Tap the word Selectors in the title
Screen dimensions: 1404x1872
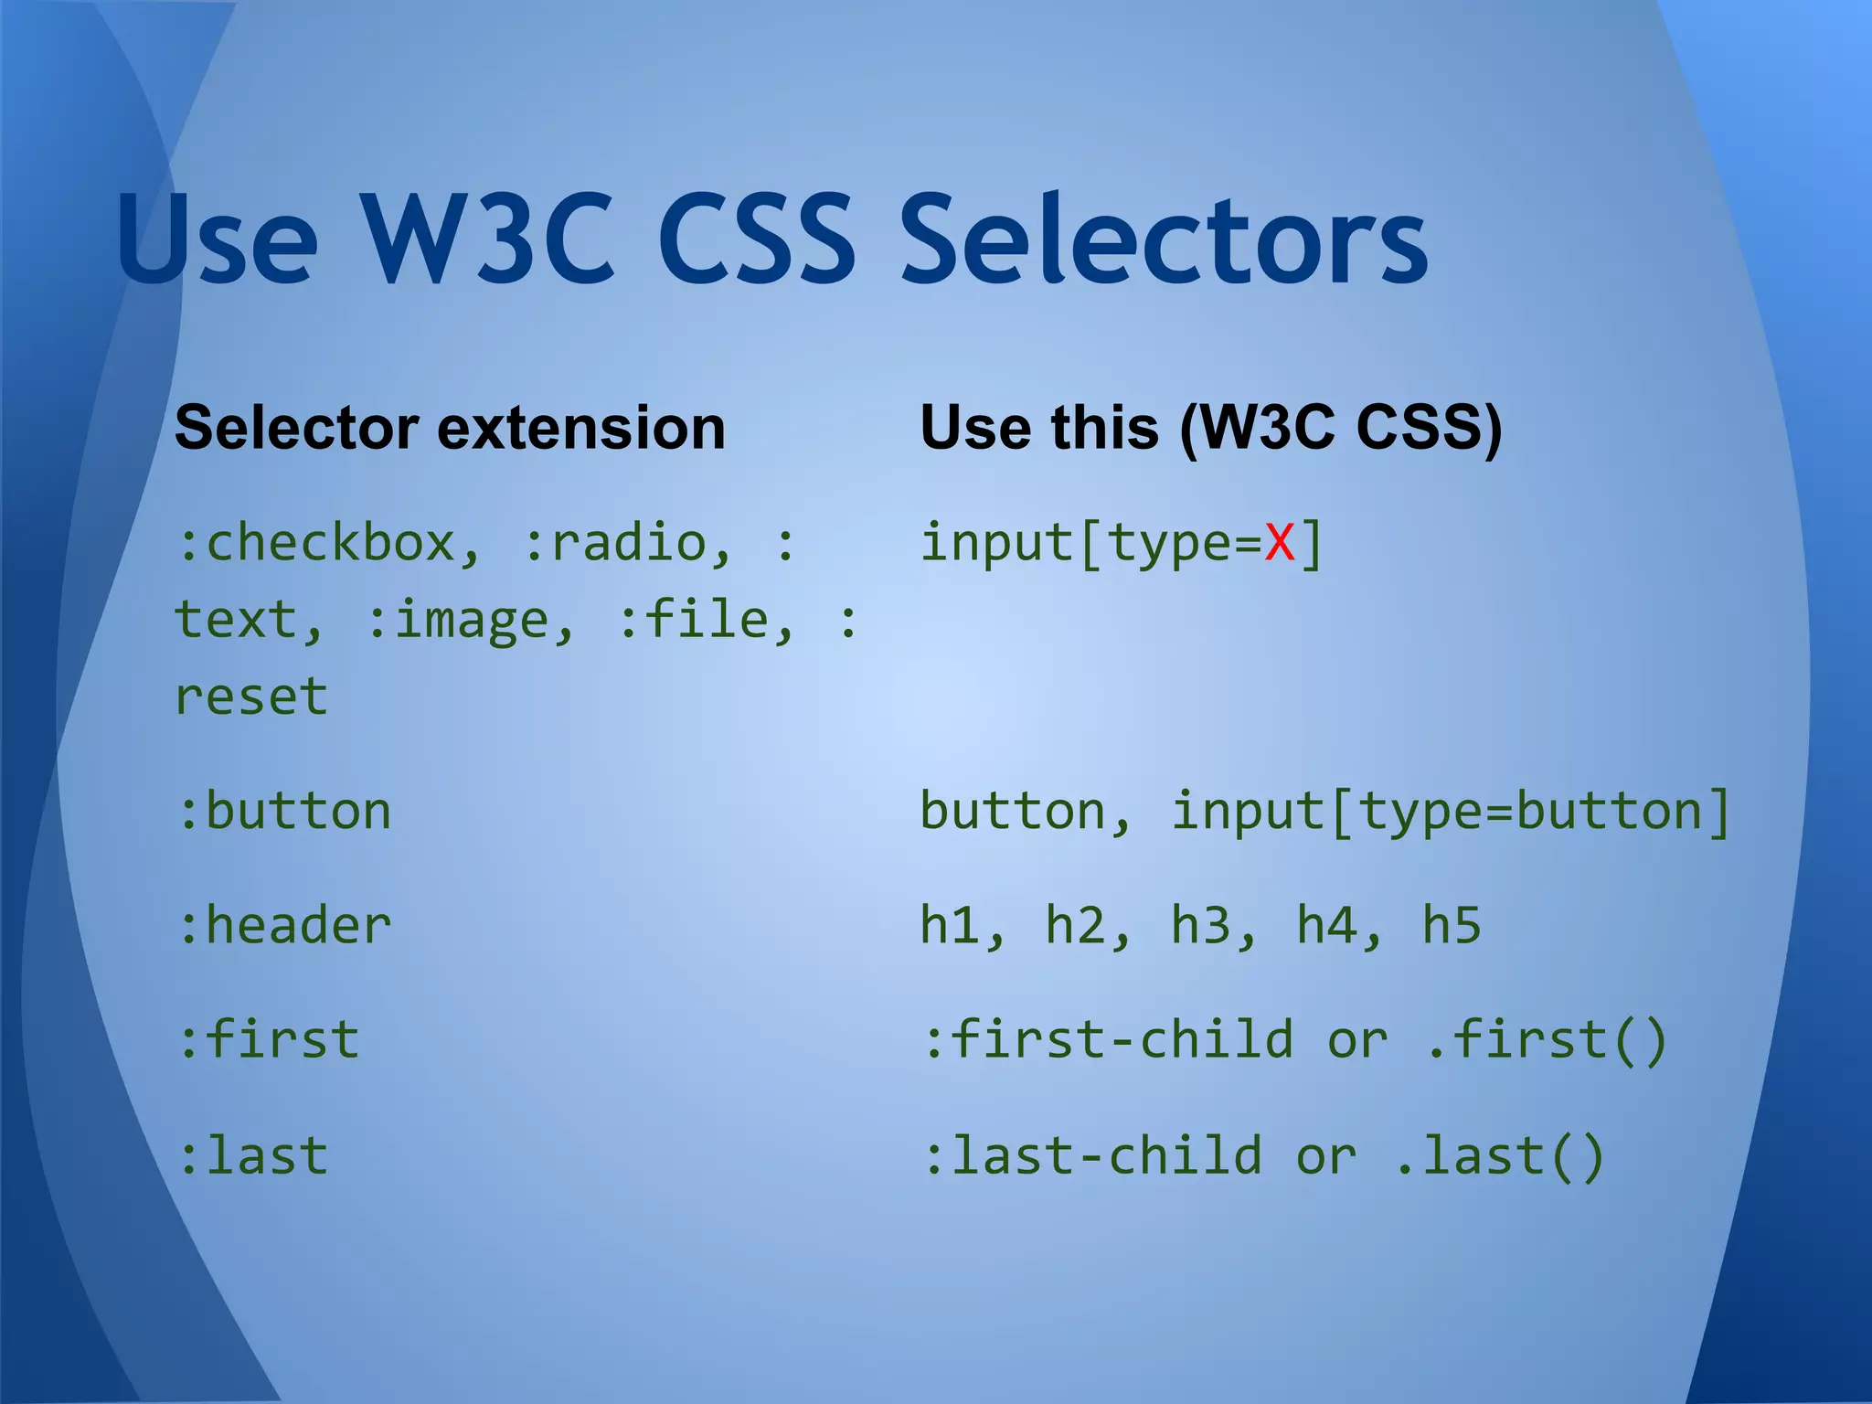tap(1163, 239)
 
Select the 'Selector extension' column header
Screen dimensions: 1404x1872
tap(450, 428)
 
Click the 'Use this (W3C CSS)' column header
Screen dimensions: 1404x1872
tap(1211, 428)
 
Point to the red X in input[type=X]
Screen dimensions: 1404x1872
tap(1280, 543)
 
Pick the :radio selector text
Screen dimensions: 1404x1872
tap(627, 543)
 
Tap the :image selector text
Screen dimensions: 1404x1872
tap(470, 620)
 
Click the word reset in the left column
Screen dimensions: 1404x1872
tap(251, 697)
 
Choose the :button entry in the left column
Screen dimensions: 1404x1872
tap(284, 812)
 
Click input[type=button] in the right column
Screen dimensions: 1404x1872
tap(1451, 812)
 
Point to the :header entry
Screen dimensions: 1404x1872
tap(284, 925)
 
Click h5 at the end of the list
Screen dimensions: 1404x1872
tap(1452, 925)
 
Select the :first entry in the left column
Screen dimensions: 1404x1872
tap(269, 1040)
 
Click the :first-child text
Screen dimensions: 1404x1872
tap(1108, 1040)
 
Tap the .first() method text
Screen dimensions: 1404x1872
tap(1547, 1040)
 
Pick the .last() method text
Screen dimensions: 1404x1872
tap(1499, 1155)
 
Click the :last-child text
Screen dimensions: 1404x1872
tap(1092, 1155)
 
